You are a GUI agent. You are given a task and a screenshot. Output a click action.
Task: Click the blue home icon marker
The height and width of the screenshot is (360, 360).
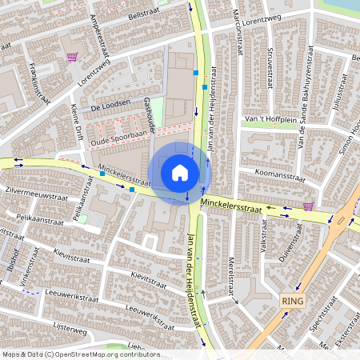point(180,172)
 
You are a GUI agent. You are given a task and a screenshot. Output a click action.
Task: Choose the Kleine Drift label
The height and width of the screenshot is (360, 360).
point(77,124)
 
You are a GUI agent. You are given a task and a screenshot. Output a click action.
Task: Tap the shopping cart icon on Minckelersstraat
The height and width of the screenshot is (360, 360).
point(307,206)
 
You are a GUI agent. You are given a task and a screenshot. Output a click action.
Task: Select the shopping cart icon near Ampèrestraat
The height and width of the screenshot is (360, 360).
point(72,57)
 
